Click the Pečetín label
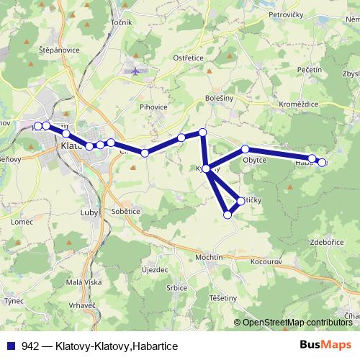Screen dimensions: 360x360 click(309, 69)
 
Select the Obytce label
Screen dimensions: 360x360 click(255, 160)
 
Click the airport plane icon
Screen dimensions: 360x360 click(137, 71)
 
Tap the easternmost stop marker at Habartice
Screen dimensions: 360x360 click(322, 163)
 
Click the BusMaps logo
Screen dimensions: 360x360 click(325, 345)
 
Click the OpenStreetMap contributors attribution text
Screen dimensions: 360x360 click(296, 322)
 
